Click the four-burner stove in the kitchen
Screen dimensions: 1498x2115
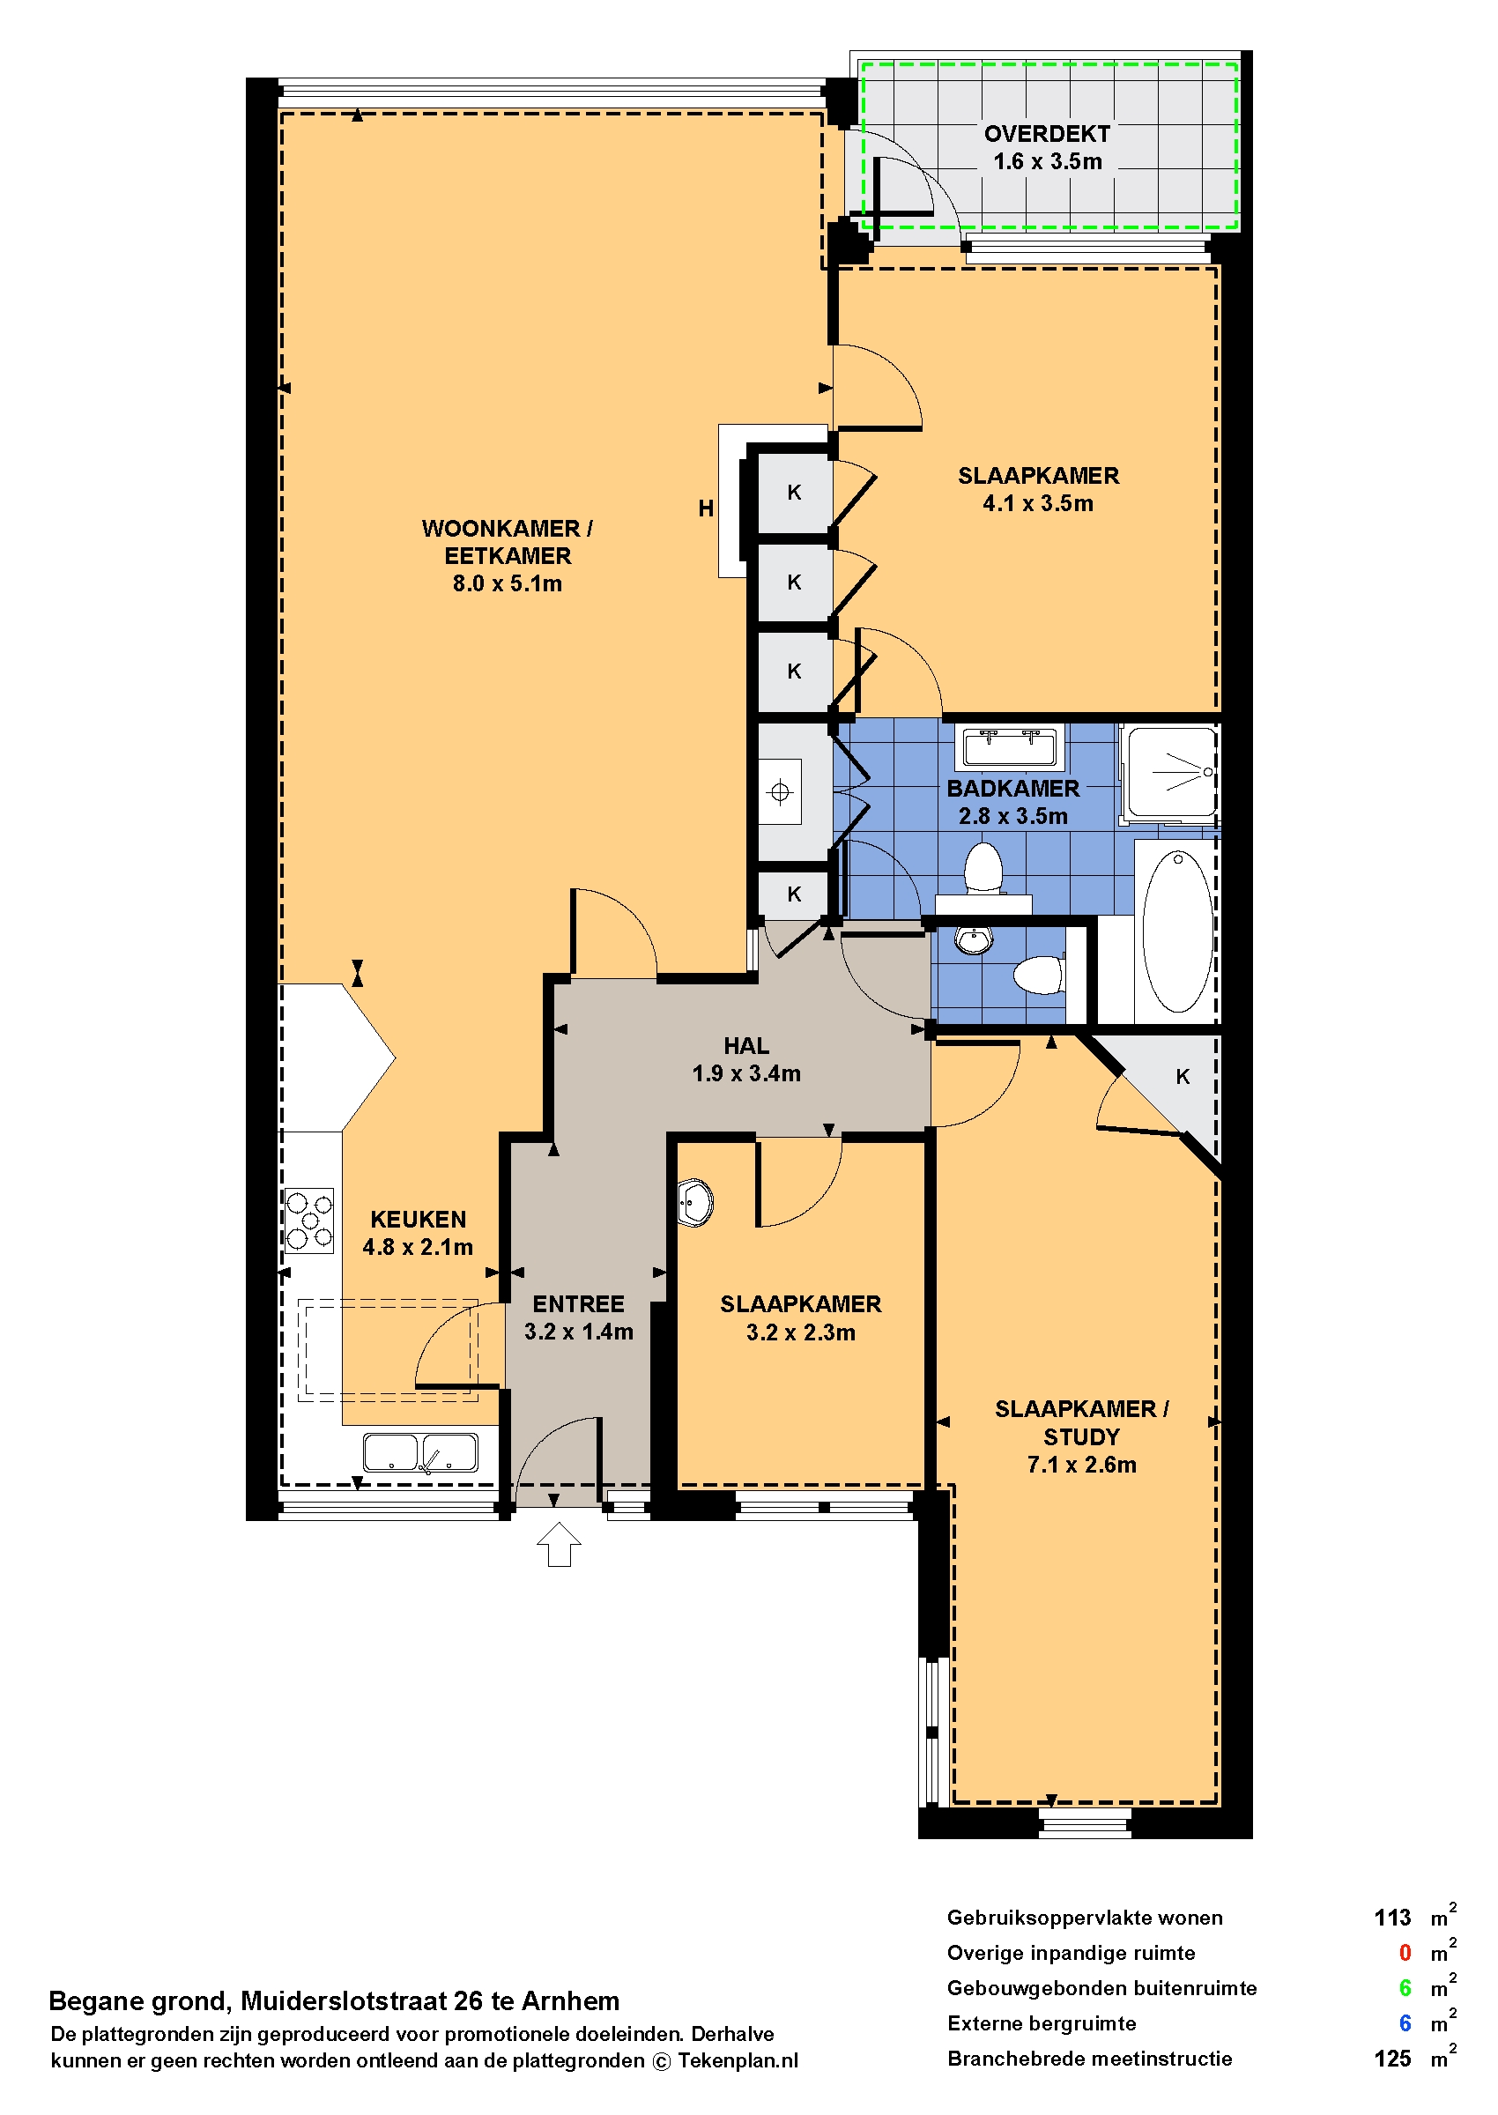pyautogui.click(x=309, y=1221)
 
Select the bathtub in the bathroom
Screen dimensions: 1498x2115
pyautogui.click(x=1178, y=931)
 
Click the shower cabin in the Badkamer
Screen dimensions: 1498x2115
pyautogui.click(x=1170, y=773)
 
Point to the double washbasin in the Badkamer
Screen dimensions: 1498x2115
pyautogui.click(x=1010, y=747)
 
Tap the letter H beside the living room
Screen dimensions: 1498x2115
pyautogui.click(x=706, y=508)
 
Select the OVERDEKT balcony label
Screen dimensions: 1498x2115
pyautogui.click(x=1047, y=134)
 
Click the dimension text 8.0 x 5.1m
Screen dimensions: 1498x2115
pyautogui.click(x=508, y=583)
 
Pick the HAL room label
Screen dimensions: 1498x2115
pyautogui.click(x=746, y=1046)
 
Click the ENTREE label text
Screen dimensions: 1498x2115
pyautogui.click(x=578, y=1304)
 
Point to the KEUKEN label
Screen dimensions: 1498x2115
pyautogui.click(x=418, y=1220)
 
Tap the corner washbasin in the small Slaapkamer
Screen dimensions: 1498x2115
pyautogui.click(x=694, y=1203)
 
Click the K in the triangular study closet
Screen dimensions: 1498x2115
pyautogui.click(x=1183, y=1076)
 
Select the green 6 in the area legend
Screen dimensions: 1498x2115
pyautogui.click(x=1405, y=1988)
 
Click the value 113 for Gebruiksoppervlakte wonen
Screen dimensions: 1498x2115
pyautogui.click(x=1392, y=1918)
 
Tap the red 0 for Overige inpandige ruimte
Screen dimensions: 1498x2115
pyautogui.click(x=1405, y=1953)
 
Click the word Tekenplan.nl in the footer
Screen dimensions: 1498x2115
pyautogui.click(x=738, y=2061)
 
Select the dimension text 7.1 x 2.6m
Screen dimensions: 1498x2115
pyautogui.click(x=1082, y=1465)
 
